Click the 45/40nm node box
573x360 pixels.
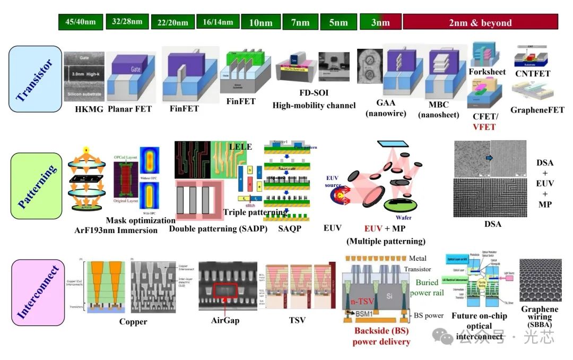(x=81, y=22)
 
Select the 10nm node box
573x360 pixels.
(x=261, y=22)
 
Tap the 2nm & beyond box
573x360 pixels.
(x=480, y=22)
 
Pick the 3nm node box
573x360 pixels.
(x=380, y=22)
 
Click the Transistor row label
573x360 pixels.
(x=36, y=79)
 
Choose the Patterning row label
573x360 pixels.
(x=36, y=186)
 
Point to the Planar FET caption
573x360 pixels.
(x=129, y=109)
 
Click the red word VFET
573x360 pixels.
(x=484, y=126)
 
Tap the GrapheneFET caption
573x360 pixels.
(x=537, y=110)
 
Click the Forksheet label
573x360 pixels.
(x=487, y=72)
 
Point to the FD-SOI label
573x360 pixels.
(x=314, y=93)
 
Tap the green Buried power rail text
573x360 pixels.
(x=435, y=287)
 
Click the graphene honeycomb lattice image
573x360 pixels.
(x=540, y=280)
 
